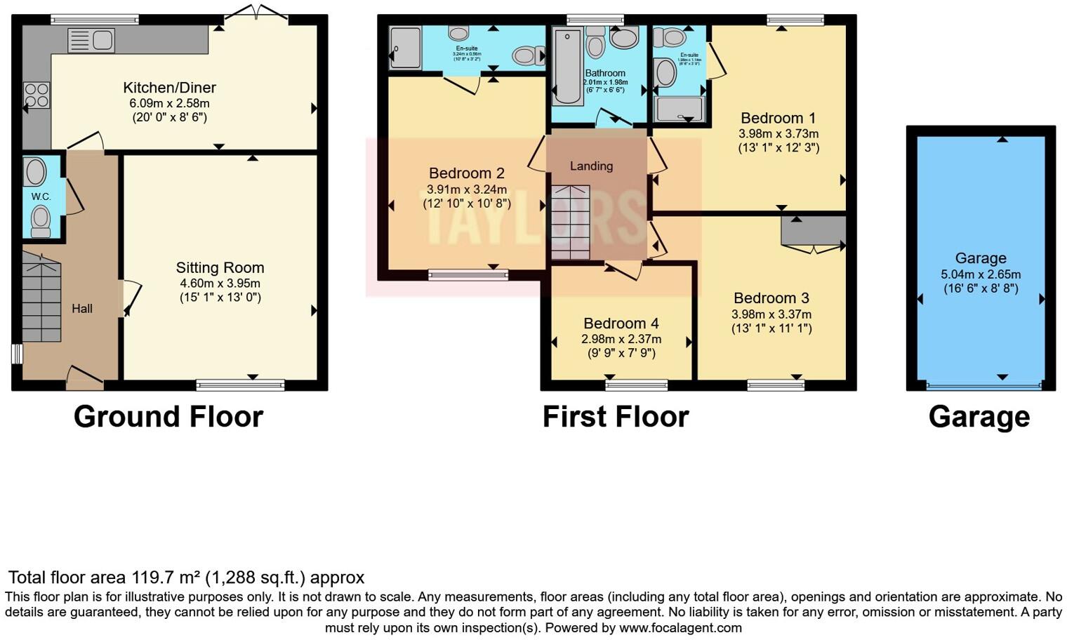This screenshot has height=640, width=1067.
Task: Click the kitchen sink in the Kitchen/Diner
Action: pyautogui.click(x=91, y=41)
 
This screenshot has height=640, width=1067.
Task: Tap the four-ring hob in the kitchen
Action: pyautogui.click(x=37, y=95)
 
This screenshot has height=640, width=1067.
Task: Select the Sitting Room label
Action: pyautogui.click(x=220, y=267)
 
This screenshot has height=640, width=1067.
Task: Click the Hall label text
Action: pyautogui.click(x=82, y=309)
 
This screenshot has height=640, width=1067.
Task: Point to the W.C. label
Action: pyautogui.click(x=41, y=197)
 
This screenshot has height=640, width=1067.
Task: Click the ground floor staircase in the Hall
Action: pyautogui.click(x=41, y=298)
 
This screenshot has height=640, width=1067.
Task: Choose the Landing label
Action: pyautogui.click(x=591, y=166)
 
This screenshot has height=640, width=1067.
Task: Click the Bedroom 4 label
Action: pyautogui.click(x=621, y=324)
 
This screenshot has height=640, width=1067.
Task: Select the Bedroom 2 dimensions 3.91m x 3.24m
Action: pyautogui.click(x=466, y=189)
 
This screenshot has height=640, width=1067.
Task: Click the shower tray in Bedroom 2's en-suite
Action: pyautogui.click(x=405, y=48)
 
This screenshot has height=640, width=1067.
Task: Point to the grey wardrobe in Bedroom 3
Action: pyautogui.click(x=814, y=231)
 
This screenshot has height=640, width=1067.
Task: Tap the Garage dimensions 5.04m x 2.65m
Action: pyautogui.click(x=980, y=274)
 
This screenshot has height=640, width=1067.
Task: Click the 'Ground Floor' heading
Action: pyautogui.click(x=168, y=417)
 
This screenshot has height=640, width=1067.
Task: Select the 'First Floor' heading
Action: pyautogui.click(x=616, y=417)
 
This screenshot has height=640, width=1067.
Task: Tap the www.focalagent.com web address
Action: pyautogui.click(x=680, y=627)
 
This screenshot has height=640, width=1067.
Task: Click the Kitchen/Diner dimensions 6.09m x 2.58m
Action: pyautogui.click(x=169, y=103)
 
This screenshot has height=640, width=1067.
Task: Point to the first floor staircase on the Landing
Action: pyautogui.click(x=570, y=222)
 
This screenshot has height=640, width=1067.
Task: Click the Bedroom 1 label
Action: pyautogui.click(x=778, y=118)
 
